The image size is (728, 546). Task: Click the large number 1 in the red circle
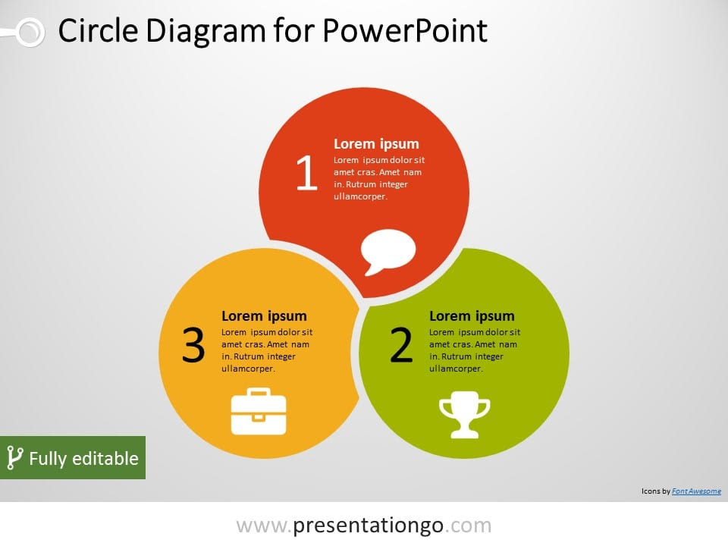pyautogui.click(x=307, y=173)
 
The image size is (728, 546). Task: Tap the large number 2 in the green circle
pyautogui.click(x=401, y=344)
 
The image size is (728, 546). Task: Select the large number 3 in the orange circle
pyautogui.click(x=193, y=344)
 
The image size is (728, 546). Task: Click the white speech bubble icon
pyautogui.click(x=388, y=252)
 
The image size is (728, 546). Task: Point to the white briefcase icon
pyautogui.click(x=259, y=411)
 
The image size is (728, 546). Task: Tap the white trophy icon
pyautogui.click(x=464, y=415)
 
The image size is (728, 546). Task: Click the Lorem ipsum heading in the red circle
pyautogui.click(x=376, y=144)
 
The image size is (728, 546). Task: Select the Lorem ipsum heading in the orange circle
pyautogui.click(x=264, y=316)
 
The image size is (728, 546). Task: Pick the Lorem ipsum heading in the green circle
pyautogui.click(x=472, y=316)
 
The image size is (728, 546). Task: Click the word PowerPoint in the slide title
pyautogui.click(x=404, y=30)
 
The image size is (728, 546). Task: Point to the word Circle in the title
pyautogui.click(x=98, y=30)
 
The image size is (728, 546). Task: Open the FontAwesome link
pyautogui.click(x=696, y=491)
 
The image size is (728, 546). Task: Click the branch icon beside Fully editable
pyautogui.click(x=14, y=458)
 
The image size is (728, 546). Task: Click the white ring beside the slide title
pyautogui.click(x=30, y=33)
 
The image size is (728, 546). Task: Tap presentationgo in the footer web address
pyautogui.click(x=369, y=526)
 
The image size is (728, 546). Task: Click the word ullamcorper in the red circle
pyautogui.click(x=360, y=196)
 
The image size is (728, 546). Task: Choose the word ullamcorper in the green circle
pyautogui.click(x=456, y=369)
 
